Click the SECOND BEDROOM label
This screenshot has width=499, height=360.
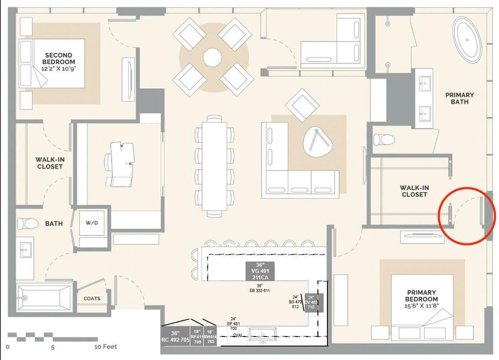pos(59,61)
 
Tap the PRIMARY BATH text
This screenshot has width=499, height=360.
pos(459,99)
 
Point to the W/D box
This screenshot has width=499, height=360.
pos(91,223)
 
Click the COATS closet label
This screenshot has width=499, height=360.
pos(92,298)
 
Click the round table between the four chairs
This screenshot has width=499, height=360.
pos(212,58)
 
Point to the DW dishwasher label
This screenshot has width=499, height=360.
pos(238,335)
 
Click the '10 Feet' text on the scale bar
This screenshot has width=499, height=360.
pos(106,347)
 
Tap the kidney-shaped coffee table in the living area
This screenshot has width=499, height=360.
pos(317,144)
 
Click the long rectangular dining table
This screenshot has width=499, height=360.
pos(214,166)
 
